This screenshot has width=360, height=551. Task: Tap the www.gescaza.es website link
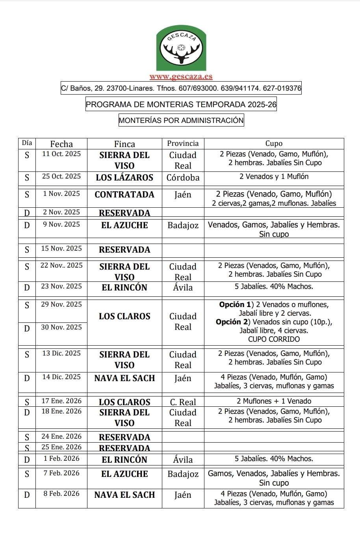[x=181, y=77]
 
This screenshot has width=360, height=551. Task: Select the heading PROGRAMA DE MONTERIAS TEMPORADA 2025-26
[x=181, y=104]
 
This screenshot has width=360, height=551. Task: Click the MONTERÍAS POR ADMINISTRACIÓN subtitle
[x=181, y=120]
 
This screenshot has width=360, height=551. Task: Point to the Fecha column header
[x=61, y=144]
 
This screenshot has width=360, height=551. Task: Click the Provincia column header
[x=183, y=143]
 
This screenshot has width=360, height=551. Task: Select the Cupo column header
[x=274, y=143]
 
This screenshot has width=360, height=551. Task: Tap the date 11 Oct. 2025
[x=61, y=154]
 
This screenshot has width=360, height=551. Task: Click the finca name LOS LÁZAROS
[x=124, y=177]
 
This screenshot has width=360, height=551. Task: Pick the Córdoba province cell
[x=183, y=177]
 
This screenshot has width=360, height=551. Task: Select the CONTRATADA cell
[x=124, y=194]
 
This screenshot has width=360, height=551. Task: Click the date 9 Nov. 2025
[x=61, y=224]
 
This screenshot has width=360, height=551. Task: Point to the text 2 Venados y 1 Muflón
[x=274, y=177]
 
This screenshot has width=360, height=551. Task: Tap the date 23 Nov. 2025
[x=61, y=286]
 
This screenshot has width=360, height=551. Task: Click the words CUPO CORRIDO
[x=274, y=339]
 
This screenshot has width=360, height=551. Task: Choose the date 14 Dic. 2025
[x=61, y=377]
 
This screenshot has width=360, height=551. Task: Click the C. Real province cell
[x=183, y=402]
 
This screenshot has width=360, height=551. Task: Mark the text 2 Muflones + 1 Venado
[x=274, y=401]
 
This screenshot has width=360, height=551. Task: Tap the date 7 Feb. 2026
[x=61, y=473]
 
